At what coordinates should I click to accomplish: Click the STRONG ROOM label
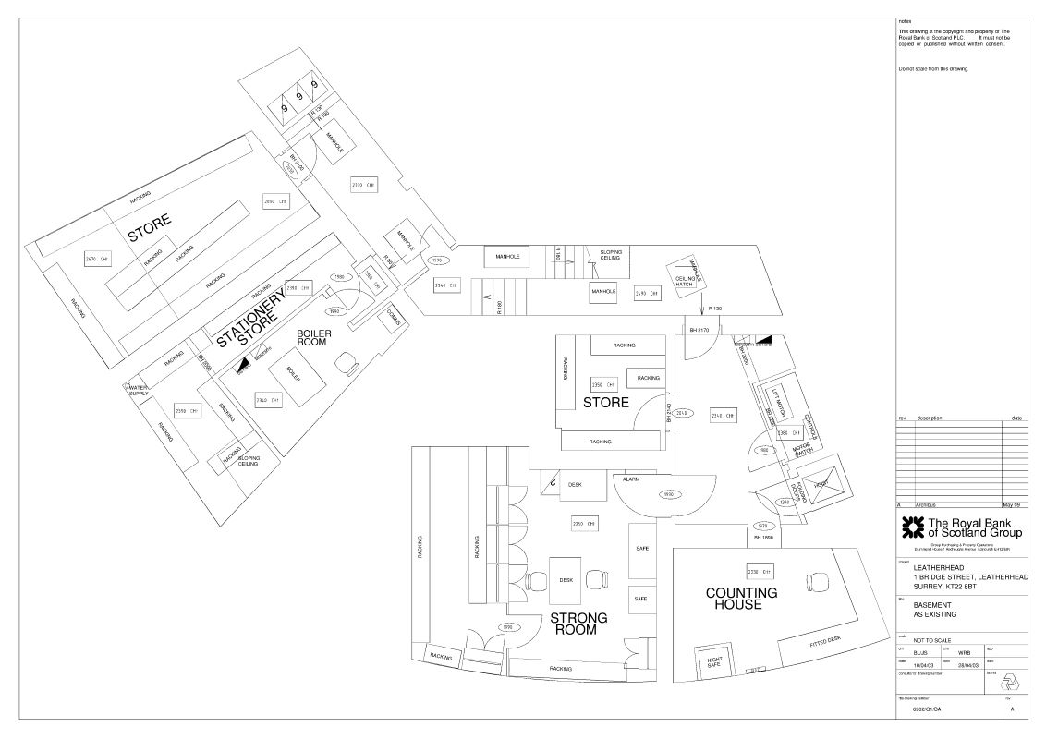click(x=578, y=624)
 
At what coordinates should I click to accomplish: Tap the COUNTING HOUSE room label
click(x=741, y=598)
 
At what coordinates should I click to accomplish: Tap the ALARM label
click(x=632, y=479)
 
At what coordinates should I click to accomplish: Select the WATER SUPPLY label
click(x=140, y=391)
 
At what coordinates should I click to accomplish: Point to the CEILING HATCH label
click(x=685, y=281)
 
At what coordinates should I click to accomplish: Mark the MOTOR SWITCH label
click(x=802, y=450)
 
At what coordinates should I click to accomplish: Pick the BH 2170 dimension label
click(x=698, y=330)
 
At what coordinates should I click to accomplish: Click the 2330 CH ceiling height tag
click(x=760, y=570)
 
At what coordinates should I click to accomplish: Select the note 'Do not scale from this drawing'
click(x=938, y=69)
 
